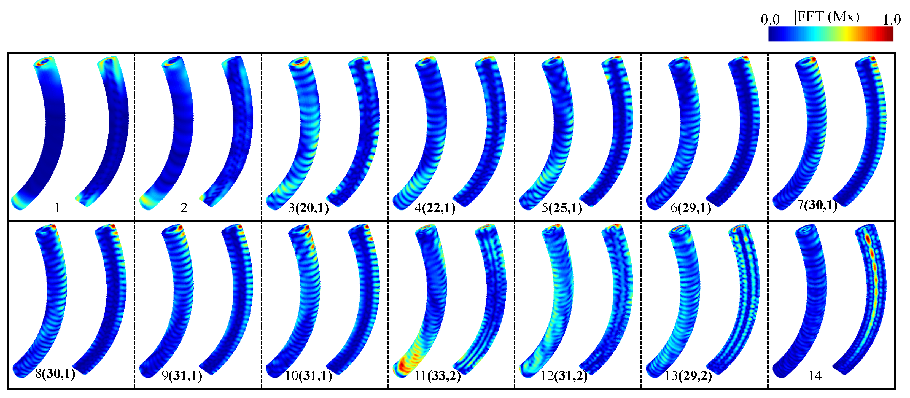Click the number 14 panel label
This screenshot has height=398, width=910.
(x=815, y=375)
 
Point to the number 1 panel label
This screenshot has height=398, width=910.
(x=57, y=208)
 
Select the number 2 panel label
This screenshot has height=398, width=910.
(x=184, y=208)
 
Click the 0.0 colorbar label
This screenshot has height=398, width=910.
(x=770, y=19)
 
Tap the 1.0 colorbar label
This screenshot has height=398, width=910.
(x=892, y=19)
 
